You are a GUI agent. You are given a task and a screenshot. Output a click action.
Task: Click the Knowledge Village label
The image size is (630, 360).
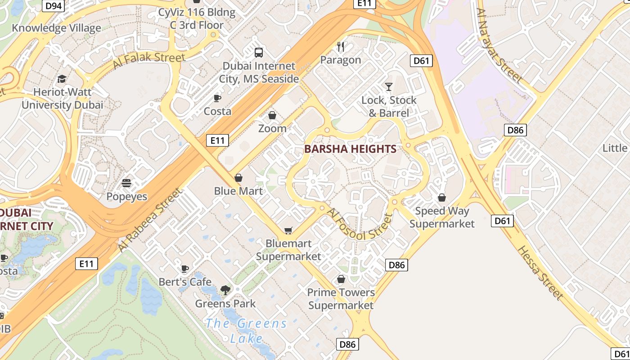(56, 28)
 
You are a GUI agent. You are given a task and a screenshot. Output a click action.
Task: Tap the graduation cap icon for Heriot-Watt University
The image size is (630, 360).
(62, 79)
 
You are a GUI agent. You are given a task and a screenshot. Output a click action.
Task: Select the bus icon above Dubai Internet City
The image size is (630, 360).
(259, 52)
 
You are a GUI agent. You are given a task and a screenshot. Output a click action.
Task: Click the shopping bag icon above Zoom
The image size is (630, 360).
(272, 116)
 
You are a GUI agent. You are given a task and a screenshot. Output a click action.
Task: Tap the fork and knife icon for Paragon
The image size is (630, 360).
(341, 46)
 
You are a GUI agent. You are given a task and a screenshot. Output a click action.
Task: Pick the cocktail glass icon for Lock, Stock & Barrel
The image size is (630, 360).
(389, 86)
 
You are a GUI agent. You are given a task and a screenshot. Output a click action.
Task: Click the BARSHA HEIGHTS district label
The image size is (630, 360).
(350, 149)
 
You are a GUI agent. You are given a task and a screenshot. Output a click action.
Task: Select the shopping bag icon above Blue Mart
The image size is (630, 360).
(238, 178)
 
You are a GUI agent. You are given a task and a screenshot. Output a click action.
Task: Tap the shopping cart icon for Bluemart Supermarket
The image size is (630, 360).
(288, 230)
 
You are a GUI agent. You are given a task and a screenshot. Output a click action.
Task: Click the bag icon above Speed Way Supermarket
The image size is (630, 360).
(442, 198)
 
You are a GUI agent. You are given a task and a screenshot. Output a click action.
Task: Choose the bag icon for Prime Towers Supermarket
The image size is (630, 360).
(341, 279)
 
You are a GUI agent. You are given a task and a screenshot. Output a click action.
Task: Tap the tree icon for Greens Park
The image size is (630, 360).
(225, 290)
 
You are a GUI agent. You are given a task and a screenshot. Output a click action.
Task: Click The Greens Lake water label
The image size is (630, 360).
(246, 330)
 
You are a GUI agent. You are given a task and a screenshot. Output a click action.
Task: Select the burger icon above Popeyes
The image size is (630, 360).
(126, 183)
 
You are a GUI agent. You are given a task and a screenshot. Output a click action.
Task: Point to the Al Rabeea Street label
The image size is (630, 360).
(150, 220)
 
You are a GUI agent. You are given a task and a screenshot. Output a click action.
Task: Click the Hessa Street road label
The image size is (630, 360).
(540, 273)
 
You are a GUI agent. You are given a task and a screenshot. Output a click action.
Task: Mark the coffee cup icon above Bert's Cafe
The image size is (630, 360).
(184, 269)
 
